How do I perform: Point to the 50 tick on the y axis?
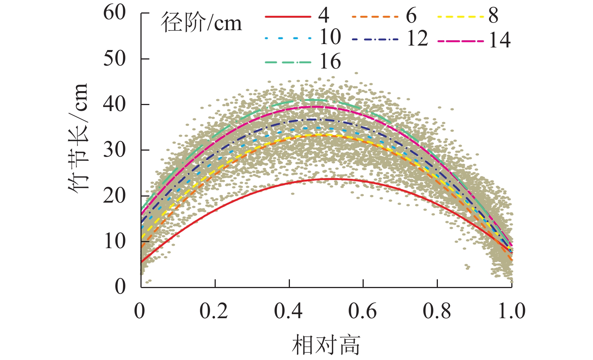(x=114, y=59)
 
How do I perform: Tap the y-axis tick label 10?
(x=114, y=241)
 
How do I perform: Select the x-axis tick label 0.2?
(x=213, y=311)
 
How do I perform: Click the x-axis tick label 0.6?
(x=362, y=311)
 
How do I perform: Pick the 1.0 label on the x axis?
(x=511, y=311)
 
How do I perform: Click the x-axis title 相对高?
(x=326, y=345)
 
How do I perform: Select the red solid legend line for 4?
(x=288, y=17)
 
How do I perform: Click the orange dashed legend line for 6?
(x=375, y=17)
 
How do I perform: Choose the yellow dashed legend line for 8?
(x=461, y=17)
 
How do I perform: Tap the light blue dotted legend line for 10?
(x=288, y=38)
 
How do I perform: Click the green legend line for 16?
(x=288, y=62)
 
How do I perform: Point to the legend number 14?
(x=500, y=40)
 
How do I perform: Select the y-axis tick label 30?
(x=114, y=150)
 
